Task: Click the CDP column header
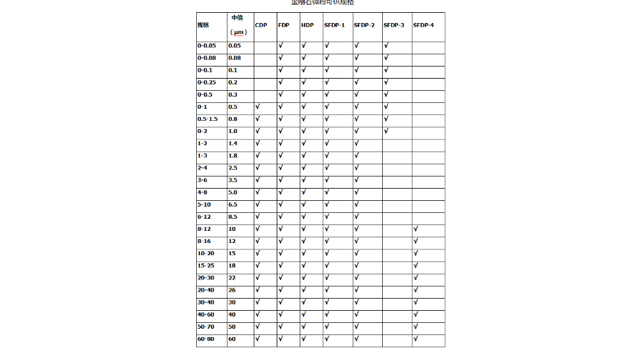261,25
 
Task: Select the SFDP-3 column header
394,25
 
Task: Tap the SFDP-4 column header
423,25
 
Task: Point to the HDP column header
307,25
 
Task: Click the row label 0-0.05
206,46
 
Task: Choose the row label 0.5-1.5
208,119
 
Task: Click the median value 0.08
235,58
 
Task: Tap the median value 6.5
233,205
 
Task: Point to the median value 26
232,290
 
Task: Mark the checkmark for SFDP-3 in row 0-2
386,131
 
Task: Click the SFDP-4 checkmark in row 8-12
415,229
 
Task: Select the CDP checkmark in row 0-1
258,107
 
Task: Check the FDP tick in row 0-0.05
281,46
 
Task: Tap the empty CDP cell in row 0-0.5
265,95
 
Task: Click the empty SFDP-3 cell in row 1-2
397,143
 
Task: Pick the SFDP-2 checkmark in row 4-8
357,192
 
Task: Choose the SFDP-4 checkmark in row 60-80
415,339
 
